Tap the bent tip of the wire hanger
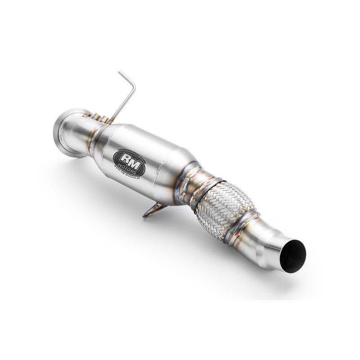[x=121, y=73]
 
